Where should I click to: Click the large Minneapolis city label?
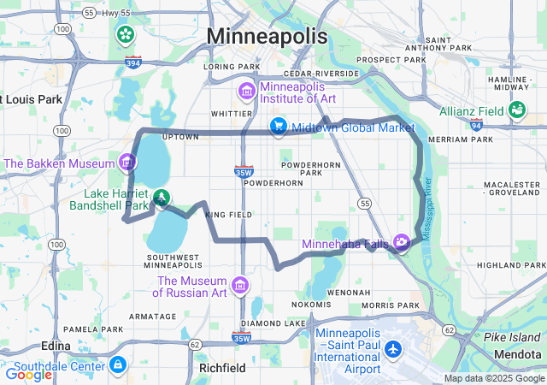268,37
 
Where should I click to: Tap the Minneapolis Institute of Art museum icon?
246,91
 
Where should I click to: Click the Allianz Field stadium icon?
516,110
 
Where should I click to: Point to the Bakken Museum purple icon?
127,162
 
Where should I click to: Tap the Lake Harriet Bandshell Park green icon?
162,198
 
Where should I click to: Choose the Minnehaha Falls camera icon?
401,244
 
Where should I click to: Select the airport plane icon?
393,350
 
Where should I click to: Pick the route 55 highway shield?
365,203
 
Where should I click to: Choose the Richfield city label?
221,367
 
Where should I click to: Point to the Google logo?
28,374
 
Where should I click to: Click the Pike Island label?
512,337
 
